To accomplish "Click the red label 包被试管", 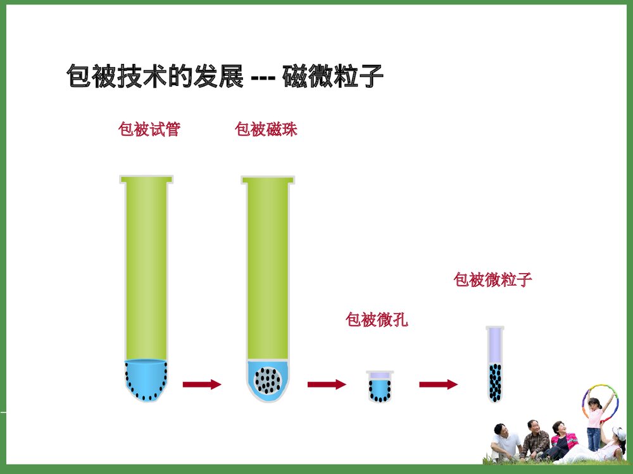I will [x=149, y=130].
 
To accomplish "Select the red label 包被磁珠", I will [x=266, y=130].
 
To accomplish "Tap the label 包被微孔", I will [x=377, y=320].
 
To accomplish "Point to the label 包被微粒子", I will [x=492, y=280].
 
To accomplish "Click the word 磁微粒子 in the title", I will [x=333, y=77].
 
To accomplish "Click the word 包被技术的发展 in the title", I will [x=154, y=77].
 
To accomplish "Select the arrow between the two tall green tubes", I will [x=202, y=384].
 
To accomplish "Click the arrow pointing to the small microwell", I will [x=327, y=384].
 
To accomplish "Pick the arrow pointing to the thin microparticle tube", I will [x=438, y=384].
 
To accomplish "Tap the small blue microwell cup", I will [x=380, y=387].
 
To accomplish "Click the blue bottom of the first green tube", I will [x=145, y=378].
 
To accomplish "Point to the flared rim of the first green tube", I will [x=146, y=179].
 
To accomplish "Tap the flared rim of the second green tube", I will [x=268, y=179].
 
